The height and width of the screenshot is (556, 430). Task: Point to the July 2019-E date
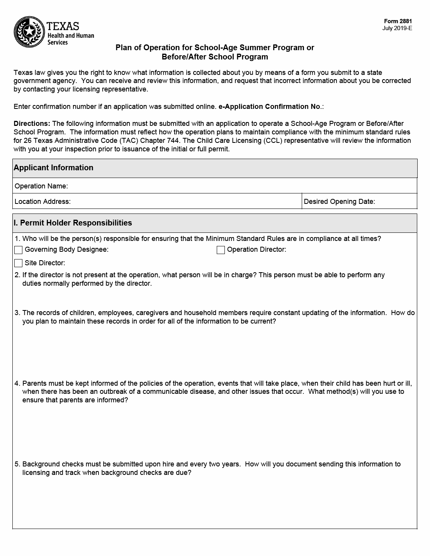(x=397, y=28)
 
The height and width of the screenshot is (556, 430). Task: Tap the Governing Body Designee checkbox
(x=18, y=250)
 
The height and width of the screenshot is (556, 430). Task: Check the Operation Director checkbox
(x=221, y=250)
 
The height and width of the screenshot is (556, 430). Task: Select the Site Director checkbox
(x=18, y=263)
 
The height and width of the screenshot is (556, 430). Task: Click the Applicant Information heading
(x=53, y=168)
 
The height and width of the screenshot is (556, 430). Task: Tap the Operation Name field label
(x=41, y=186)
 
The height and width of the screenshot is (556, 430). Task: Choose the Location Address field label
(x=42, y=202)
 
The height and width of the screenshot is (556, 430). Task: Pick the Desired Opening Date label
(x=339, y=202)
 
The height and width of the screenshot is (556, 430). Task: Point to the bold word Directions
(x=32, y=124)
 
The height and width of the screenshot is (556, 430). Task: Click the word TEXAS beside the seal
(x=63, y=26)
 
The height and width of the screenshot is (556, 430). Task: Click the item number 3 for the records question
(x=17, y=313)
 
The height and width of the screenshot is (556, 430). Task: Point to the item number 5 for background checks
(x=17, y=464)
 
